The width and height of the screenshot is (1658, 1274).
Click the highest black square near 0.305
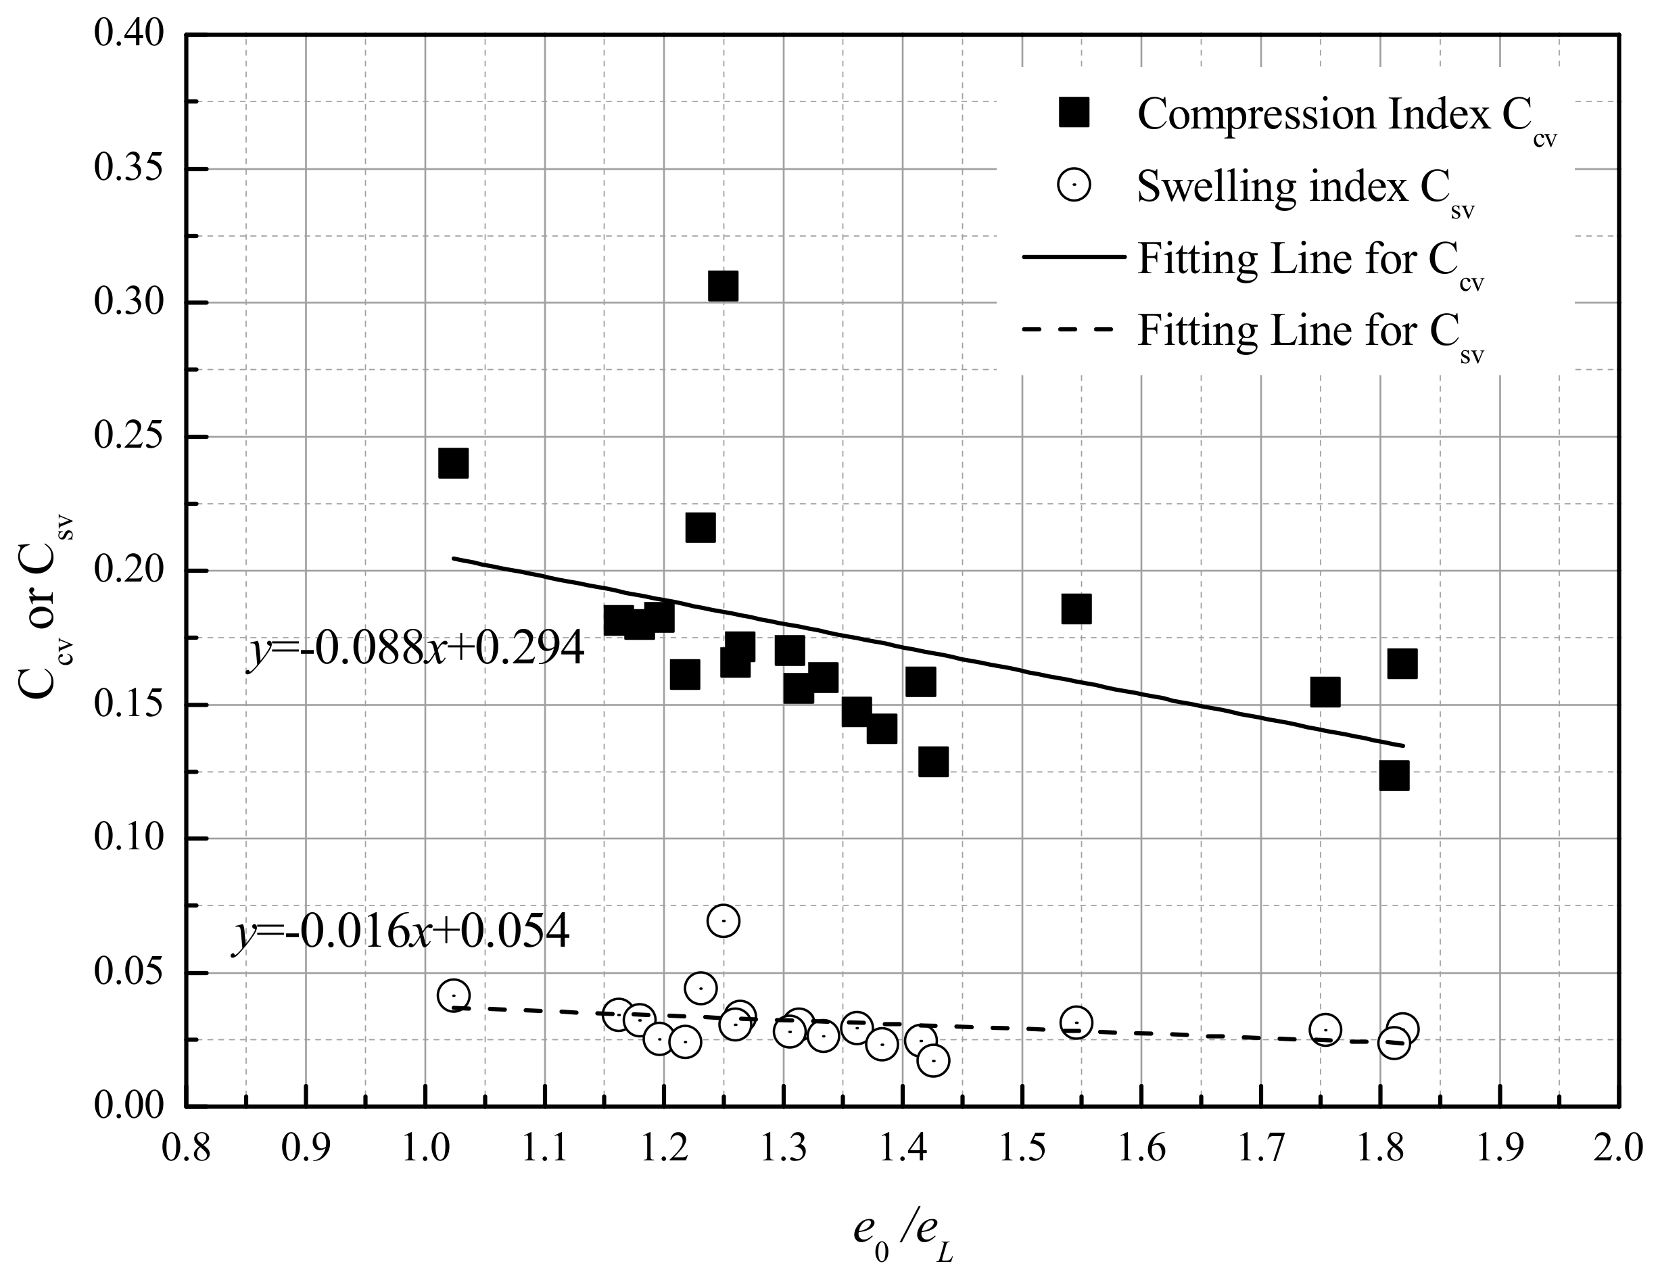pos(722,287)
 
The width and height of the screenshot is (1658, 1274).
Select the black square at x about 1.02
pos(452,463)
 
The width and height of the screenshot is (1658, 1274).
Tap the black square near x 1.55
pos(1076,608)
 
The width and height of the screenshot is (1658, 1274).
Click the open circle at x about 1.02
pos(453,995)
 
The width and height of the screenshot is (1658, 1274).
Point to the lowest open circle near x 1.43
pos(932,1060)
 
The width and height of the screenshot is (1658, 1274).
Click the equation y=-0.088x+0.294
pos(415,649)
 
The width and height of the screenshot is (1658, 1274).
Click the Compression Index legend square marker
pos(1074,112)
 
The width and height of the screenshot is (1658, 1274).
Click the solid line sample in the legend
pos(1074,257)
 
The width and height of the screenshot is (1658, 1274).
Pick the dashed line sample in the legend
pos(1069,329)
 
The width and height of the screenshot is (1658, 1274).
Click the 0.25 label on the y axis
pos(129,436)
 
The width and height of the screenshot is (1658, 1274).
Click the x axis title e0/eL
pos(902,1227)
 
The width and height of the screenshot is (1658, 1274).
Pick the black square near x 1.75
pos(1325,692)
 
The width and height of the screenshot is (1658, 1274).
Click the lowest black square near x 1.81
pos(1394,776)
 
